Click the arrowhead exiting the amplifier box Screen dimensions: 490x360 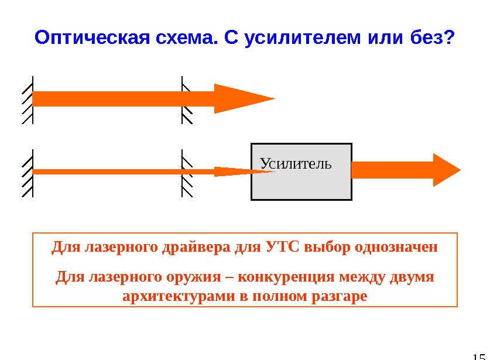pos(446,170)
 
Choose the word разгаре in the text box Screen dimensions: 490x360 pos(341,296)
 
